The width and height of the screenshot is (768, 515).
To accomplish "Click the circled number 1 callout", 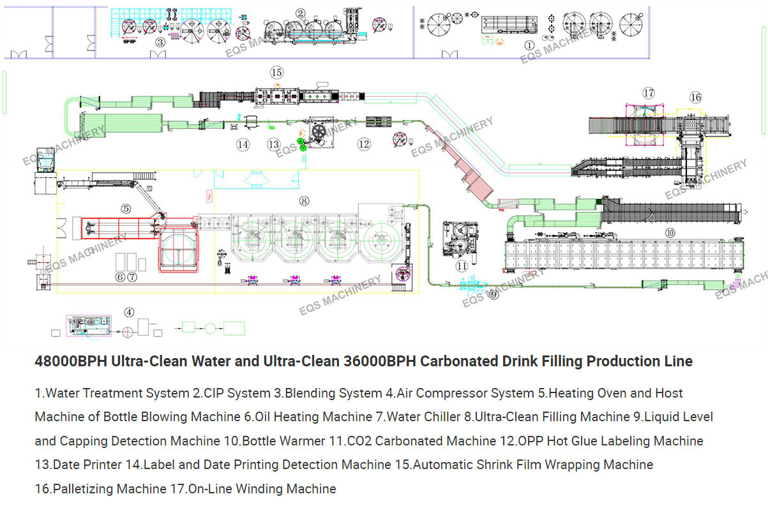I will (x=529, y=45).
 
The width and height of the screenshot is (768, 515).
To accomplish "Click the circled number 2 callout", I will (x=301, y=13).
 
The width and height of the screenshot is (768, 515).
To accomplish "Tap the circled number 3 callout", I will (x=160, y=42).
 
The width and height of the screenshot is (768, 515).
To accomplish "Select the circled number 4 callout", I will (x=130, y=312).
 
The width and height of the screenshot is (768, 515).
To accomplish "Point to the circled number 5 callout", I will (x=126, y=208).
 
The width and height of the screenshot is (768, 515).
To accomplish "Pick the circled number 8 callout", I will (x=304, y=200).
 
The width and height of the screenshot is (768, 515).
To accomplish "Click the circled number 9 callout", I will (x=493, y=294).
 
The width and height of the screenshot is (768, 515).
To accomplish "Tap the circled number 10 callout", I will (x=670, y=233).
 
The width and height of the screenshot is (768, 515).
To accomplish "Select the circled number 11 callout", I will (x=461, y=265).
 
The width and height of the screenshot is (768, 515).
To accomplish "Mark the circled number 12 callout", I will (x=364, y=144).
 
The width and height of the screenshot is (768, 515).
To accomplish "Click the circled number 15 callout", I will (x=276, y=72).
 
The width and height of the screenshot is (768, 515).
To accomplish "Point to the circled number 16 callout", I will (x=695, y=97).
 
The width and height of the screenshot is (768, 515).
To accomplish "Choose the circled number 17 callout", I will (x=649, y=93).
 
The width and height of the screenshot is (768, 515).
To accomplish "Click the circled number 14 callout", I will (x=243, y=145).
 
